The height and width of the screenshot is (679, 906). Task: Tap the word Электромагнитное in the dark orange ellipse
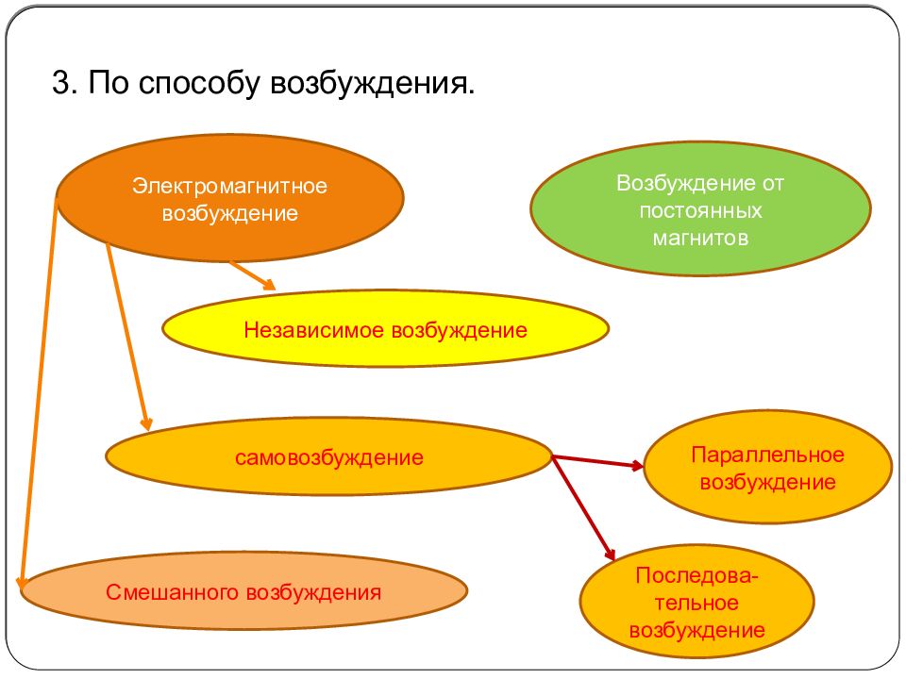pyautogui.click(x=229, y=186)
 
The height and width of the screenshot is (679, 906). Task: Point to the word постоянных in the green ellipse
pyautogui.click(x=700, y=210)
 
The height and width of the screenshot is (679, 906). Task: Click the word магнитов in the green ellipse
pyautogui.click(x=700, y=238)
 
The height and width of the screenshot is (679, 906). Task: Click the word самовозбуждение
pyautogui.click(x=329, y=459)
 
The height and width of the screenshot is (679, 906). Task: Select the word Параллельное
pyautogui.click(x=767, y=455)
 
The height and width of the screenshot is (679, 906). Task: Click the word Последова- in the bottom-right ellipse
pyautogui.click(x=697, y=575)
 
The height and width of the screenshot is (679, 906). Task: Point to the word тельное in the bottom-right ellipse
pyautogui.click(x=697, y=603)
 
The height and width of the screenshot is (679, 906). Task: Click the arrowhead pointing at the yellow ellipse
pyautogui.click(x=268, y=285)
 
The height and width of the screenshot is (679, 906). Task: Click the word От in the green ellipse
pyautogui.click(x=772, y=183)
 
